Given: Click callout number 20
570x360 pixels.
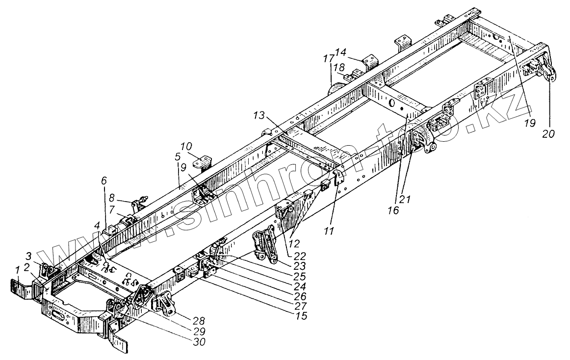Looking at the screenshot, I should click(549, 133).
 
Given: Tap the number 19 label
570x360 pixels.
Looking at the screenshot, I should click(528, 124).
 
